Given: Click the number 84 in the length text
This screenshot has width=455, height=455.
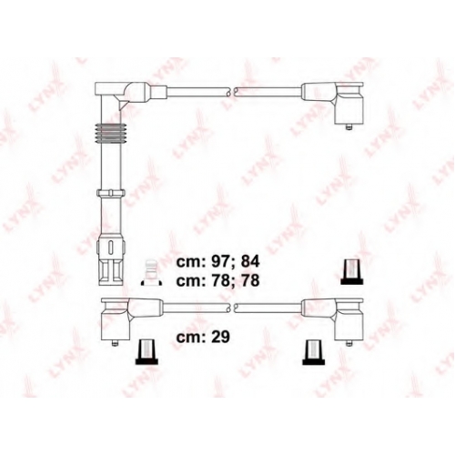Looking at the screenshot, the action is point(250,262).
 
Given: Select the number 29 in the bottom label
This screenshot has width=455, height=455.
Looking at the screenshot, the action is point(219,337).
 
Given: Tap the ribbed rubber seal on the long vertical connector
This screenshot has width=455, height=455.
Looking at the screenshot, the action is point(110,133).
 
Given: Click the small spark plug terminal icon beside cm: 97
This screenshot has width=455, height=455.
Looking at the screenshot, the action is point(151,272).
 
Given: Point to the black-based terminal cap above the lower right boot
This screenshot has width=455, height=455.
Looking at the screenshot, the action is point(352,271).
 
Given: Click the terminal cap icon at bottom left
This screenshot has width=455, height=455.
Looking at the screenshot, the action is point(147,352).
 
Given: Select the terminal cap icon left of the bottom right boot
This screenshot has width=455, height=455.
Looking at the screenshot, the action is point(314,352).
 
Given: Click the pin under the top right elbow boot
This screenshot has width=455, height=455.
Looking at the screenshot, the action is point(349,127).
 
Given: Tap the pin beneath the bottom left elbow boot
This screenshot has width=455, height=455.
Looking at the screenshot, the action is point(115,343).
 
